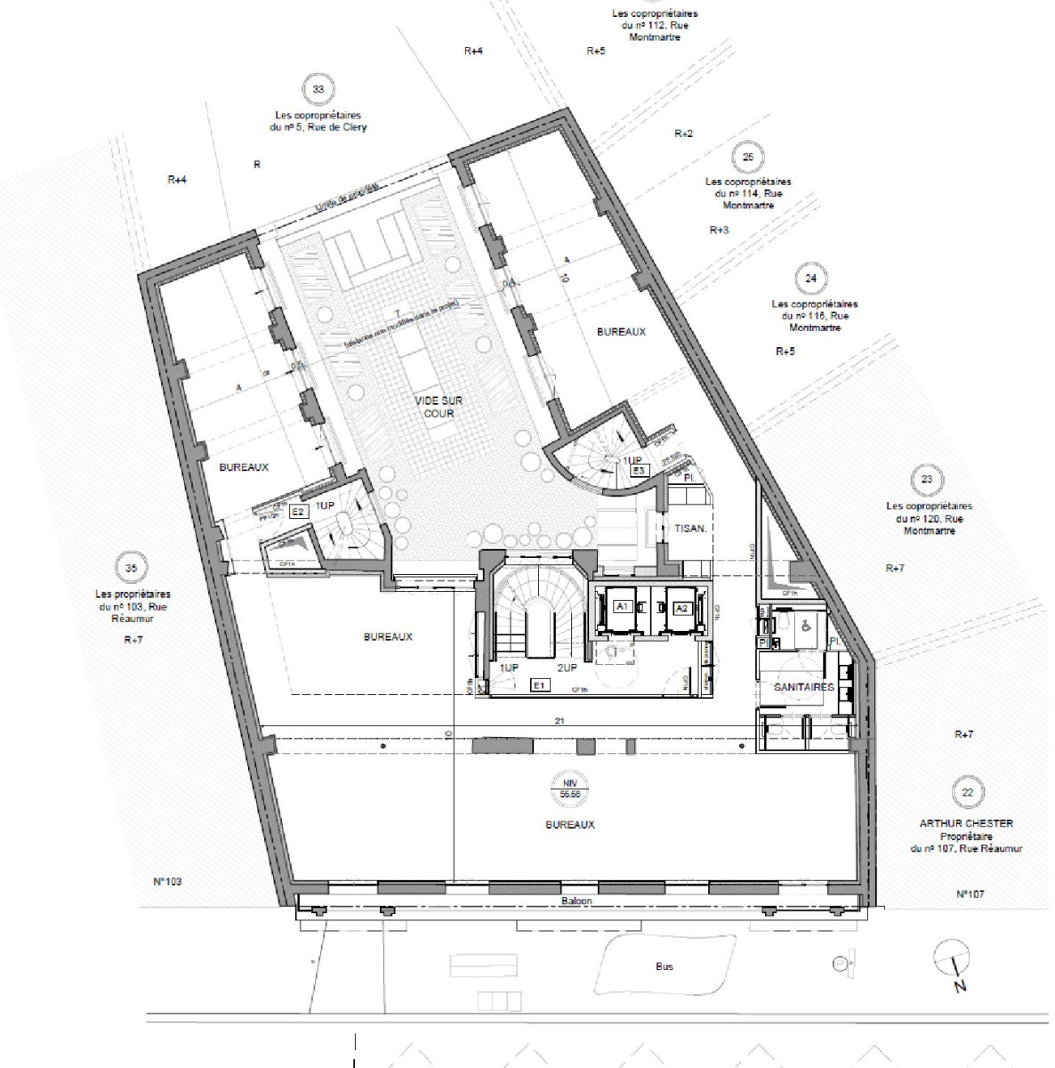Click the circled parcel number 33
[318, 90]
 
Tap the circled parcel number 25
[747, 158]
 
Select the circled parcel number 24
[809, 279]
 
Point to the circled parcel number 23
[927, 480]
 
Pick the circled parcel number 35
[132, 568]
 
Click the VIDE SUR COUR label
[439, 408]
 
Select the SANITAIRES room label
[803, 687]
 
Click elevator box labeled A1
[623, 606]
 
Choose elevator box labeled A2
[681, 608]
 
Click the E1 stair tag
[538, 684]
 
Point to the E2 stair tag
[299, 512]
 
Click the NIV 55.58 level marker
[570, 786]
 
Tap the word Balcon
[576, 901]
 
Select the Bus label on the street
[664, 966]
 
